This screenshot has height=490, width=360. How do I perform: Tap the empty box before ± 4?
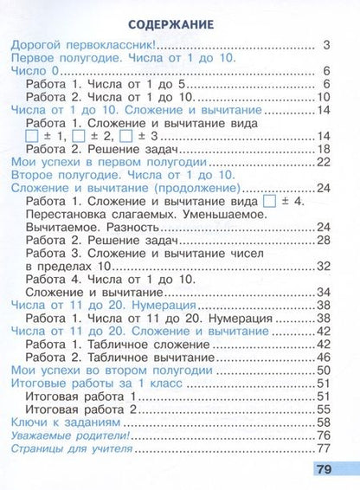(x=268, y=202)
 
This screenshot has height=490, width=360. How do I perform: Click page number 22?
(x=324, y=162)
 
